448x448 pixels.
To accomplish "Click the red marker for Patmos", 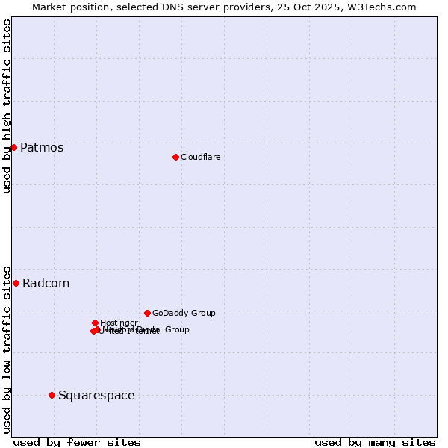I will tap(13, 147).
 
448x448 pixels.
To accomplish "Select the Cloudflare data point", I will tap(175, 157).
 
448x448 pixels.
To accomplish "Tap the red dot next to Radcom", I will tap(16, 283).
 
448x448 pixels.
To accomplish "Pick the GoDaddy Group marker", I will tap(147, 313).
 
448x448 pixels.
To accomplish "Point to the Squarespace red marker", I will tap(52, 395).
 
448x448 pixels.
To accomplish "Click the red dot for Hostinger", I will tap(95, 323).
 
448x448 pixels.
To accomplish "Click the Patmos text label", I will tap(42, 147).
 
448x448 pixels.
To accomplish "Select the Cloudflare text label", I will tap(200, 157).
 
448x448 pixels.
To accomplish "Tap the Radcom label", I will tap(46, 283).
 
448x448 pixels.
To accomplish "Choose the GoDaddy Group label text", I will tap(184, 313).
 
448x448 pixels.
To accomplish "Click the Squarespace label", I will tap(96, 395).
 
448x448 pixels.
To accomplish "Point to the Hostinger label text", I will tap(119, 323).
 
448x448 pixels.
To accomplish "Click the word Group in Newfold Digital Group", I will tap(176, 329).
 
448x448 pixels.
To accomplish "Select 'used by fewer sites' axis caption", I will tap(77, 442).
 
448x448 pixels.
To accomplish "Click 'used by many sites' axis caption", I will tap(375, 442).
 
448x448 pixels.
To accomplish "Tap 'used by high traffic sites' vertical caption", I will tap(7, 106).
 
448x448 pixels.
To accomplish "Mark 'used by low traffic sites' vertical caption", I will tap(7, 349).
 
